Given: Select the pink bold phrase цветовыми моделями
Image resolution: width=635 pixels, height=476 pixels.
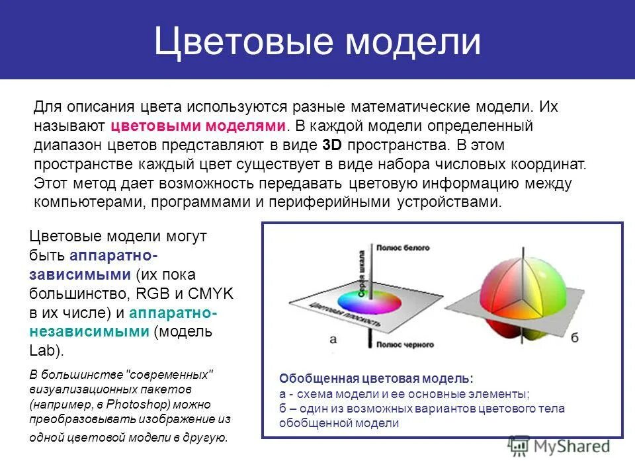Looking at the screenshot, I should pyautogui.click(x=198, y=126).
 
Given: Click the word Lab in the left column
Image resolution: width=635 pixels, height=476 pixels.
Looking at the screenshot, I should pyautogui.click(x=42, y=350).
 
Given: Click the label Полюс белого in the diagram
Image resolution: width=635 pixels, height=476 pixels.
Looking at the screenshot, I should pyautogui.click(x=403, y=248).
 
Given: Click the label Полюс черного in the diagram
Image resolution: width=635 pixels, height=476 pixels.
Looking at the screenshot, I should pyautogui.click(x=405, y=344).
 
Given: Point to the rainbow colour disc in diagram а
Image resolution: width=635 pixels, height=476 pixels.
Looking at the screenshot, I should pyautogui.click(x=369, y=302).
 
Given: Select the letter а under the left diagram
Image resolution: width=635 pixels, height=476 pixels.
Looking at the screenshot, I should pyautogui.click(x=333, y=339).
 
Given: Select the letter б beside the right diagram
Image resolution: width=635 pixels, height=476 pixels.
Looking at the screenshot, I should pyautogui.click(x=574, y=338).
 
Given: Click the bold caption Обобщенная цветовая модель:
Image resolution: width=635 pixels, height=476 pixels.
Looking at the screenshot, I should pyautogui.click(x=376, y=379).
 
